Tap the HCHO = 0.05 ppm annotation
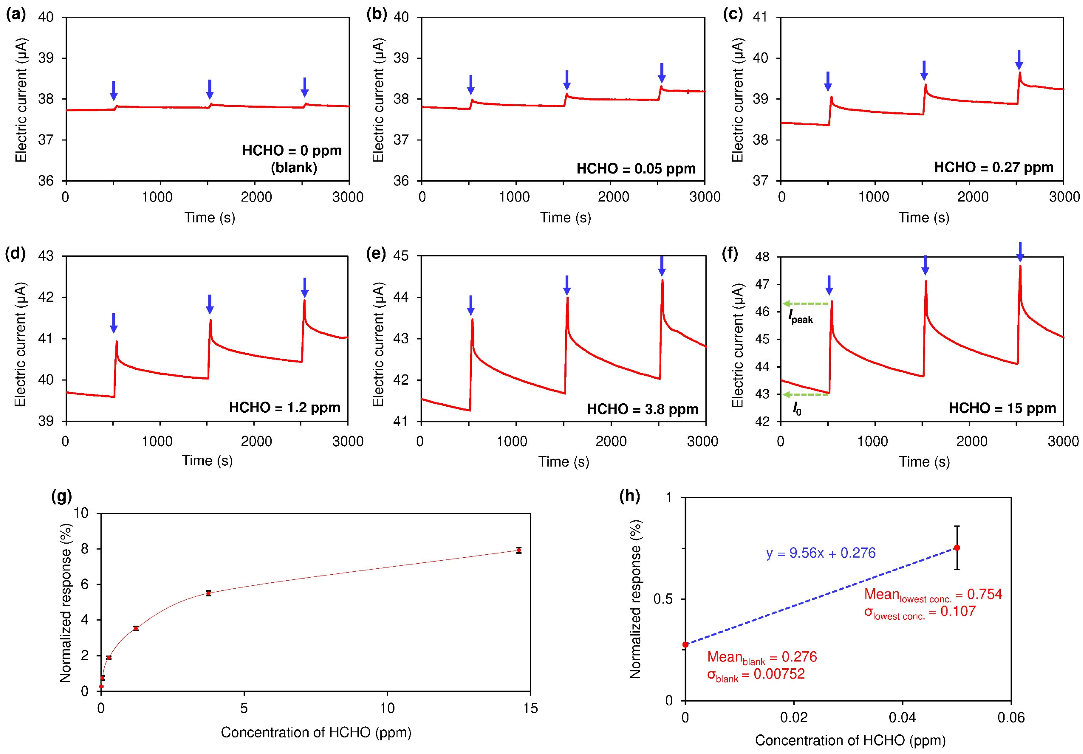coord(636,168)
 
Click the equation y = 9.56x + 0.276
coord(821,553)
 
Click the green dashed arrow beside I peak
coord(806,303)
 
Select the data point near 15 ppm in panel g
coord(518,550)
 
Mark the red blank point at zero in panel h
coord(685,644)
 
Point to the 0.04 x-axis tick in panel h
coord(903,718)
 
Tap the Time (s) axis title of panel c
coord(924,218)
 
